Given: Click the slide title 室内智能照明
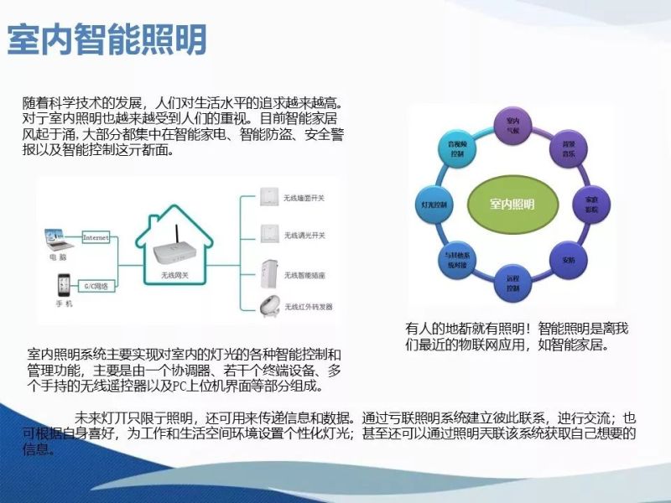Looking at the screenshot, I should point(107,39).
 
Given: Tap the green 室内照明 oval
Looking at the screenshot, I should point(512,204).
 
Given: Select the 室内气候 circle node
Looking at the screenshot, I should point(513,127).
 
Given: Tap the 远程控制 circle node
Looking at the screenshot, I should point(513,283).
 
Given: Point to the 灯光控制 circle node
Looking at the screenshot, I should point(435,205).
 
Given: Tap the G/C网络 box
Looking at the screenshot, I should point(96,287).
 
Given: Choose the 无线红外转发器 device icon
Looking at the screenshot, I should point(270,305).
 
